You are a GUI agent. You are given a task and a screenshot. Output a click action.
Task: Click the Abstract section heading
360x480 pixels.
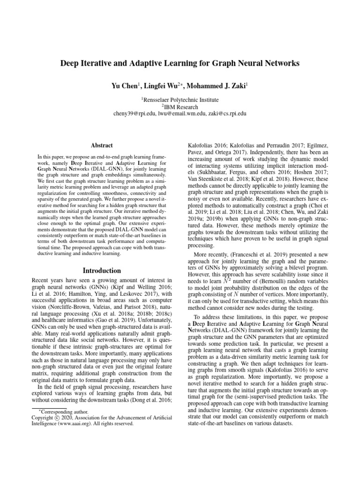click(101, 146)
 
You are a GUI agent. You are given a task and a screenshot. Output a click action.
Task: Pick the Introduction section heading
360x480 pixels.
click(101, 270)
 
